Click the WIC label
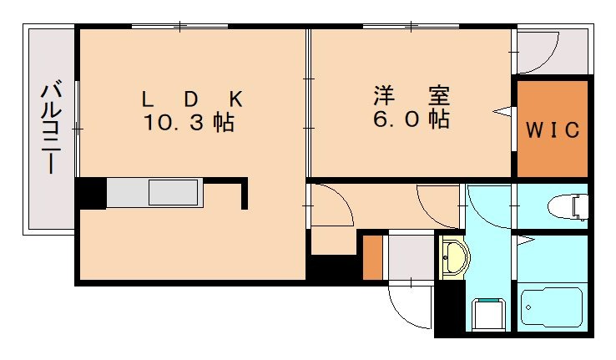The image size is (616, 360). pos(552,130)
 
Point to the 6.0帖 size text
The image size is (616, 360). pos(411,119)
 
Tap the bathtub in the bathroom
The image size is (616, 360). pos(552,309)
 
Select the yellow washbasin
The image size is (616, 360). pos(454,256)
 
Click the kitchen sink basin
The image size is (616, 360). pos(174,193)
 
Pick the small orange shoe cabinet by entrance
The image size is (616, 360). pos(372,258)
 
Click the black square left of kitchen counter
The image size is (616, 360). pos(90,193)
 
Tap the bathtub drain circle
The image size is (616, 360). pos(528,307)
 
